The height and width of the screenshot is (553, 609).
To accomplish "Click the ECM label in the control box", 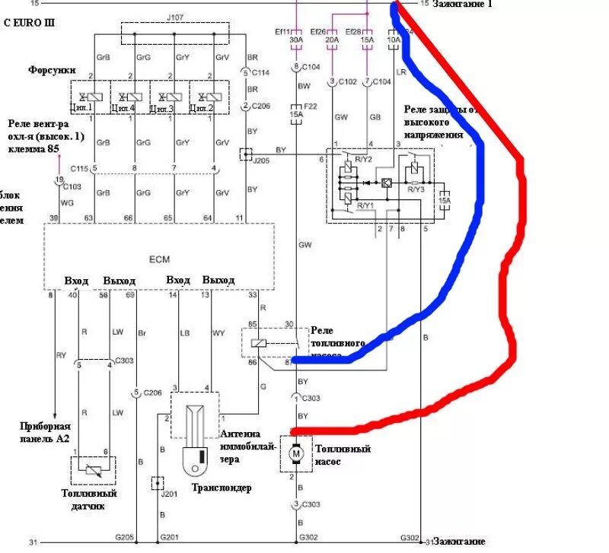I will click(x=159, y=259).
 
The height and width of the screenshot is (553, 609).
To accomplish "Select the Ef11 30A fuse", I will click(x=297, y=39).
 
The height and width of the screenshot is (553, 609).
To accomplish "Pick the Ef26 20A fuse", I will click(x=332, y=39).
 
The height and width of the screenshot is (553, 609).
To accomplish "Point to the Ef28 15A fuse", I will click(x=368, y=39).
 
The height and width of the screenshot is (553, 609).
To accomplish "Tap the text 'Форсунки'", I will click(x=52, y=70).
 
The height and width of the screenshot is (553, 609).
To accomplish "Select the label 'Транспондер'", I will click(x=222, y=488).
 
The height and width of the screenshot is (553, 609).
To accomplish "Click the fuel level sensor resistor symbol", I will click(x=94, y=470).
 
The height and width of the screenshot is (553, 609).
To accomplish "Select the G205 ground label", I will click(x=125, y=537).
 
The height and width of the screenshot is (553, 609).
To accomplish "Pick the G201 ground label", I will click(x=171, y=537).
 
